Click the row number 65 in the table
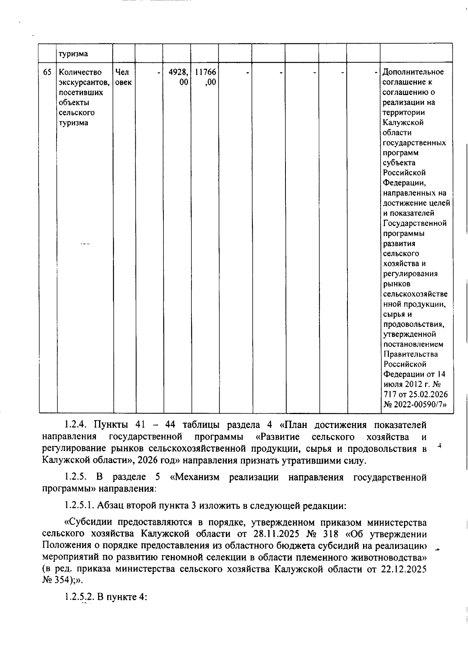coord(47,72)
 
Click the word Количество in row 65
coord(80,72)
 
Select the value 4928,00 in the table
coord(178,77)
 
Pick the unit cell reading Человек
coord(124,77)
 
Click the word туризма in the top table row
coord(73,54)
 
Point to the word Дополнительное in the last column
coord(413,72)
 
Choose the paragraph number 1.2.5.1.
coord(79,506)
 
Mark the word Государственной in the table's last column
coord(415,224)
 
